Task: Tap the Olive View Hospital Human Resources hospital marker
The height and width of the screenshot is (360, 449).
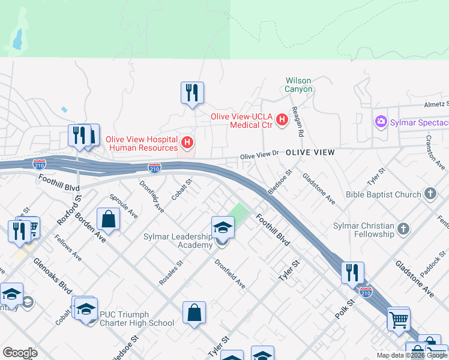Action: coord(187,143)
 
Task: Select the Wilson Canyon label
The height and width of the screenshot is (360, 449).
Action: coord(298,85)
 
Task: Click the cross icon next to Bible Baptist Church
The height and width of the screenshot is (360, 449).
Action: coord(430,194)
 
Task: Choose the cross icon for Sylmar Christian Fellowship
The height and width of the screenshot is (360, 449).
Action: coord(403,228)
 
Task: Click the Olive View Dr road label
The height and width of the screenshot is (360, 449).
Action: coord(260,155)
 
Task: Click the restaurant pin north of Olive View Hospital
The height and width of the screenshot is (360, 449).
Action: coord(192,93)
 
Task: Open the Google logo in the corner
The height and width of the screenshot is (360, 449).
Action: coord(20,353)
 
